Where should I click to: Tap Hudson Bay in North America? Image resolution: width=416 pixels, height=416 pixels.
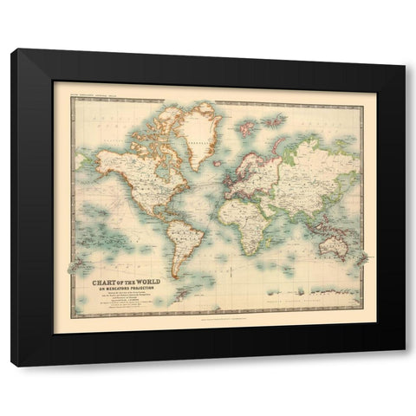coord(154,158)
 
